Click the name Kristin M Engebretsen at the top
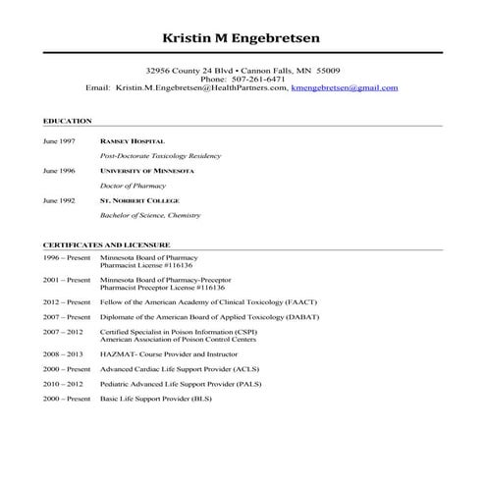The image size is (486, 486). point(242,38)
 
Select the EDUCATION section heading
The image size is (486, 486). point(68,121)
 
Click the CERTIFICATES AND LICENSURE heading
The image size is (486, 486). point(106,243)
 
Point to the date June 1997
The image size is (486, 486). point(59,141)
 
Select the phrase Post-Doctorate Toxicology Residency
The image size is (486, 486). point(161,156)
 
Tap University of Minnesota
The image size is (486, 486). point(147,171)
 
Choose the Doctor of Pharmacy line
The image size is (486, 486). point(134,186)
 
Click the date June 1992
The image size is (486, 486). point(59,200)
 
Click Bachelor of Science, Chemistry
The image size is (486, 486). point(150,215)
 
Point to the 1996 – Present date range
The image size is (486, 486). point(67,257)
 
